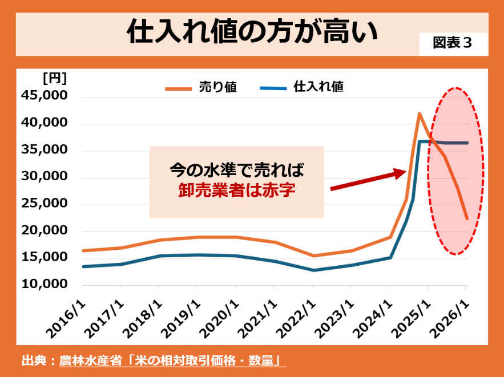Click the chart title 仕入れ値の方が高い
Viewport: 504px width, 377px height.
[252, 32]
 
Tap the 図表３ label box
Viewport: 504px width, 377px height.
[453, 44]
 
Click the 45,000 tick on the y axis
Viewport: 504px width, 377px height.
[44, 97]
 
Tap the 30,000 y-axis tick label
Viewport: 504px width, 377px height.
[44, 177]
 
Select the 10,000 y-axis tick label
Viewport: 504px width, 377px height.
[44, 284]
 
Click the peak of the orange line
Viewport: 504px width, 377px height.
[420, 113]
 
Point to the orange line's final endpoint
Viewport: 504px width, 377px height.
[467, 218]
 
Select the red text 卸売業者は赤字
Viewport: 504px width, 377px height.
[237, 190]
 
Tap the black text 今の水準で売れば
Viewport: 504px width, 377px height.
[237, 170]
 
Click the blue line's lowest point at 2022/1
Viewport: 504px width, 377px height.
[312, 270]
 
